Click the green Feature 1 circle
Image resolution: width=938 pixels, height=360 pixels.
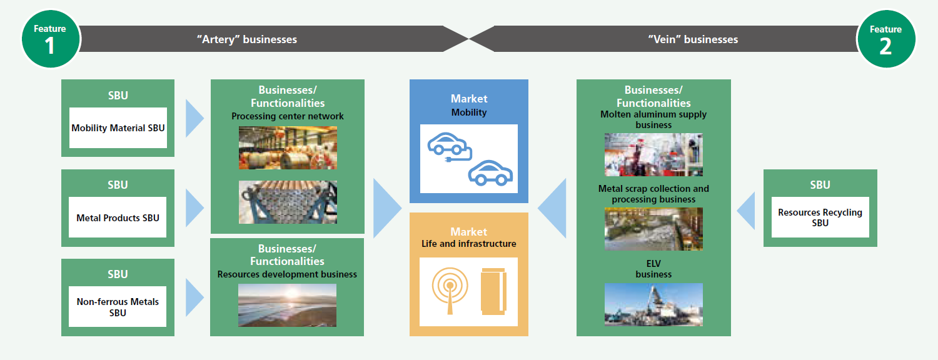[50, 39]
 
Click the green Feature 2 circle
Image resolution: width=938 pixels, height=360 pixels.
[885, 39]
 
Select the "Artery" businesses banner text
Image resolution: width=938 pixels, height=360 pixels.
[247, 39]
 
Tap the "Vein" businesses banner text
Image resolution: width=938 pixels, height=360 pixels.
[693, 39]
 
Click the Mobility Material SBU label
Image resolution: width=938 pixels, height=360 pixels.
[118, 128]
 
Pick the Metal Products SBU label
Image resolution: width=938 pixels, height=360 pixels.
[118, 217]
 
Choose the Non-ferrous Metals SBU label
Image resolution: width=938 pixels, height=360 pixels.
[118, 307]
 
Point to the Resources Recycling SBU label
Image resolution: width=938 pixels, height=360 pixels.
[820, 217]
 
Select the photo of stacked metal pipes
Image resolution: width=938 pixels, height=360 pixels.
[288, 202]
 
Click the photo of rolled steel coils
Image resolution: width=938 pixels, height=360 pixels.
[288, 147]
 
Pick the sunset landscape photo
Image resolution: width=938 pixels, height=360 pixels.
[287, 305]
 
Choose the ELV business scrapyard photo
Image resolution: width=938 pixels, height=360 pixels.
[653, 304]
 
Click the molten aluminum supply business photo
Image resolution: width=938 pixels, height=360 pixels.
[653, 154]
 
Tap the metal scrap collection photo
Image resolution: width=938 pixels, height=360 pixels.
[653, 229]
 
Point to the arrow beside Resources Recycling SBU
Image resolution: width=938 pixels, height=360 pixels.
[746, 211]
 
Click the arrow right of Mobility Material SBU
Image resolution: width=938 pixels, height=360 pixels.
[194, 119]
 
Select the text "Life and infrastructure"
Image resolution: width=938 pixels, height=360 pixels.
[468, 244]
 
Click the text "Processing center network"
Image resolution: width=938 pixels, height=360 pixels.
[287, 116]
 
